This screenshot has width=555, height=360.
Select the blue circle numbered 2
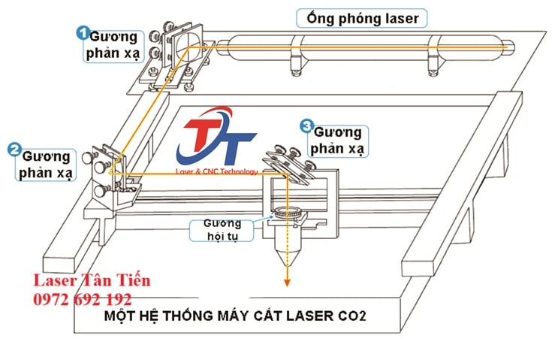pyautogui.click(x=14, y=149)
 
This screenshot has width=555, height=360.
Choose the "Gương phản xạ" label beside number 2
pyautogui.click(x=47, y=165)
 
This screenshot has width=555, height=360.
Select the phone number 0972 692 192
pyautogui.click(x=82, y=298)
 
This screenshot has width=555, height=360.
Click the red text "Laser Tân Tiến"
pyautogui.click(x=92, y=280)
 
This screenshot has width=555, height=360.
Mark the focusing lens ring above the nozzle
pyautogui.click(x=285, y=214)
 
